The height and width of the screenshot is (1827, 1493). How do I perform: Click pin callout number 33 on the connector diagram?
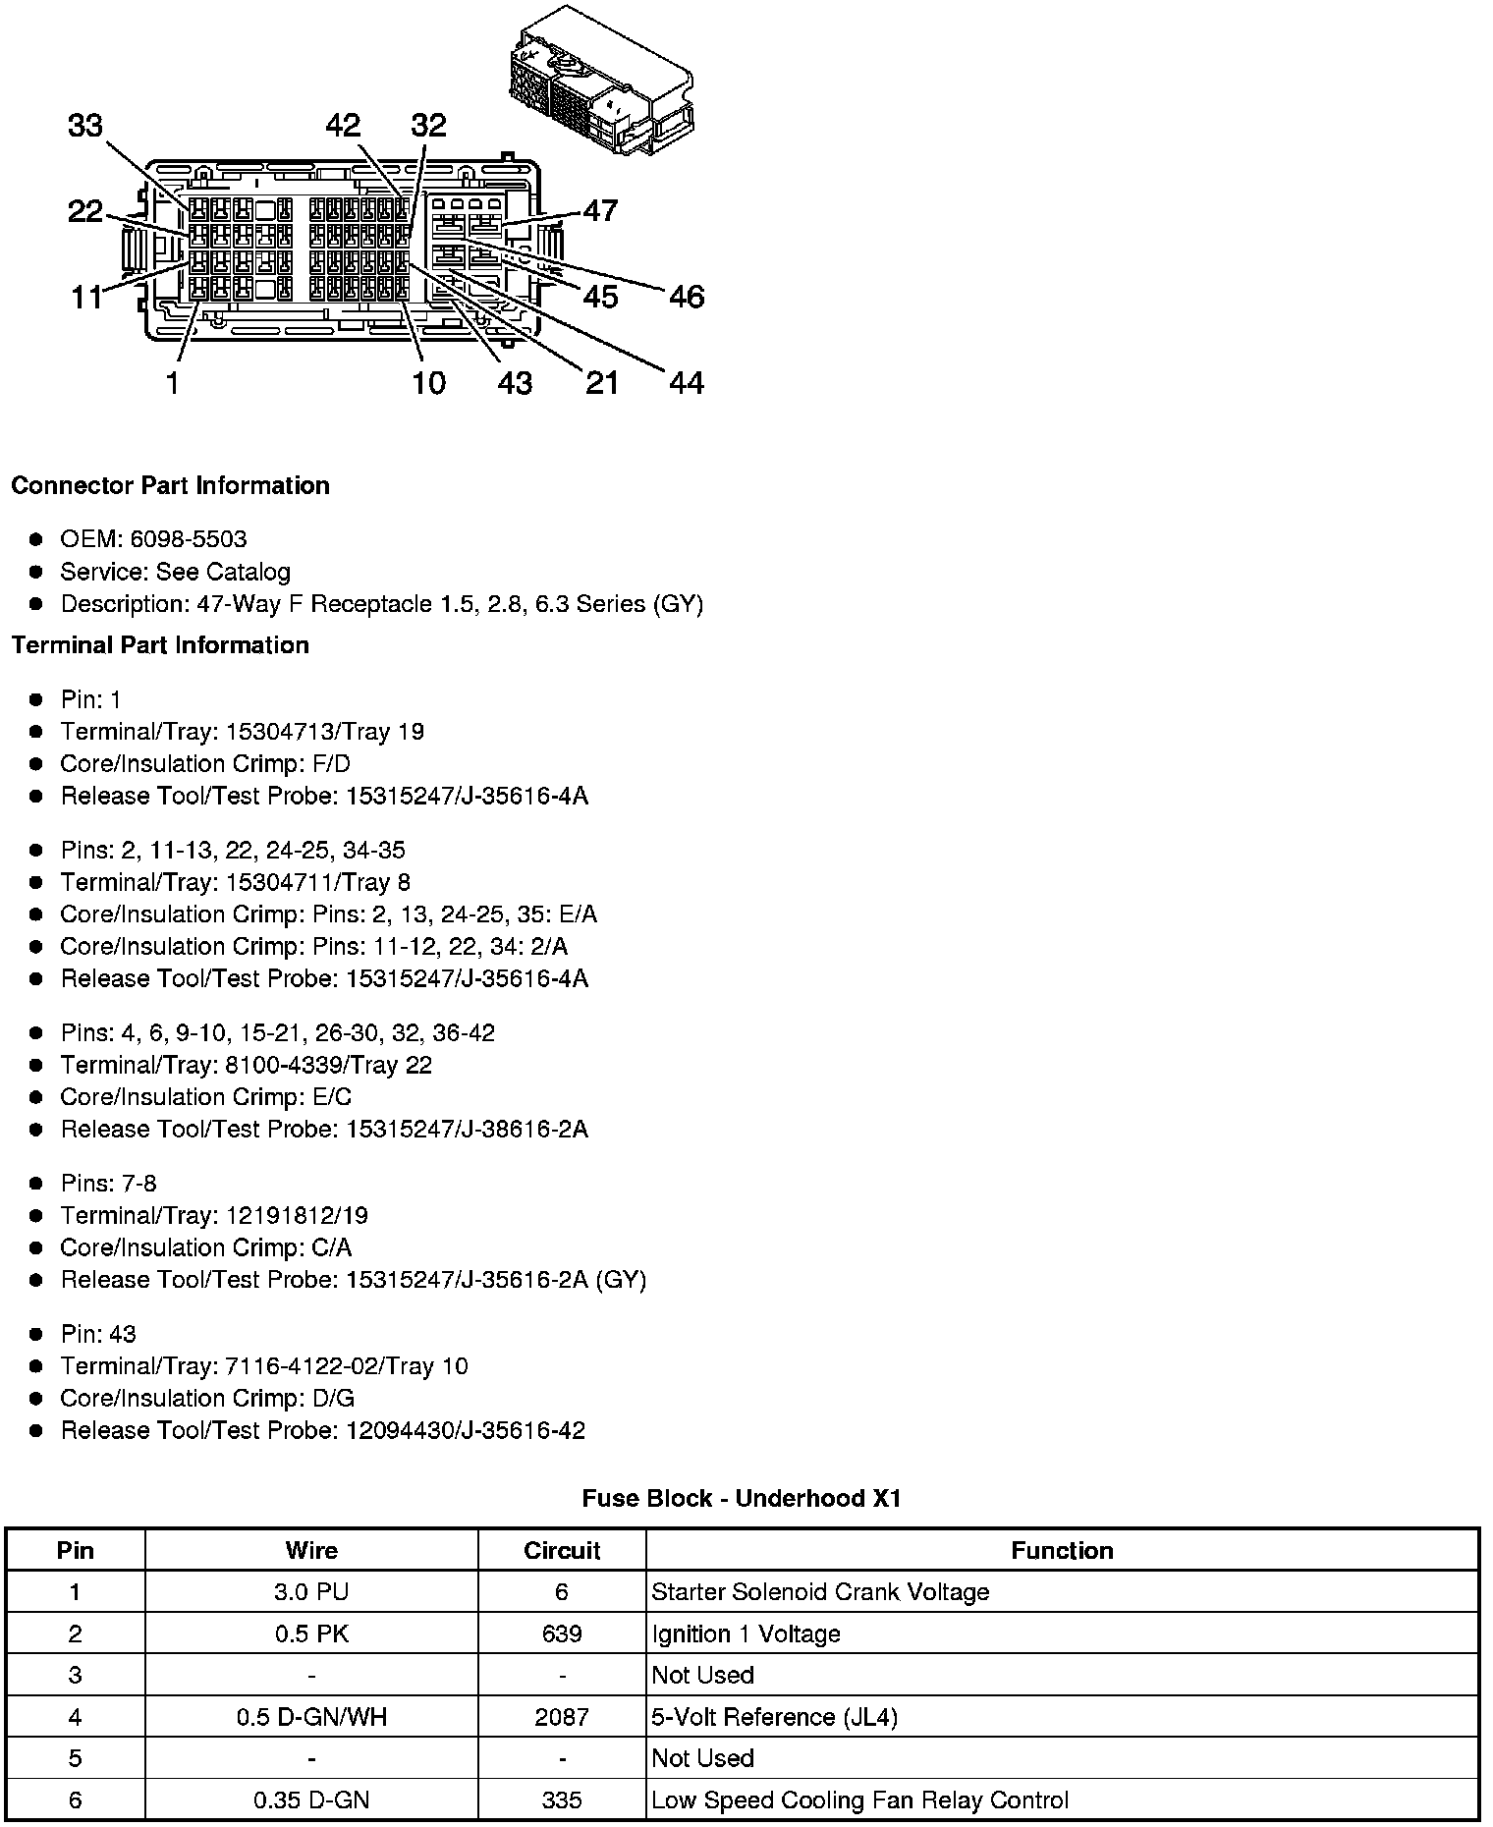point(85,126)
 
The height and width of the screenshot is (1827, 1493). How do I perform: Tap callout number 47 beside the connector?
point(600,210)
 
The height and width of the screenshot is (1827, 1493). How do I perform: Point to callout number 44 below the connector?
point(687,382)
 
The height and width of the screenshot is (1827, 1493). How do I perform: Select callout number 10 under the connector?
point(428,382)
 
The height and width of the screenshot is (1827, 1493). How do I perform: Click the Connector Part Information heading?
point(170,485)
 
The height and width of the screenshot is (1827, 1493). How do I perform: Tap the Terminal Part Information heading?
point(160,645)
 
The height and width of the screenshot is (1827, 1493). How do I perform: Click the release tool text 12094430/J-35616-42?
point(465,1430)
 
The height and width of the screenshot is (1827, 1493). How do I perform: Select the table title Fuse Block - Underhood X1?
point(742,1498)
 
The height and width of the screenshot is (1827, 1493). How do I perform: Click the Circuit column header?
point(562,1551)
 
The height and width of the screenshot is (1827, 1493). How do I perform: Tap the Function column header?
point(1062,1551)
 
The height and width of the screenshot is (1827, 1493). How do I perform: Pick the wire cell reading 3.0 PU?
point(311,1592)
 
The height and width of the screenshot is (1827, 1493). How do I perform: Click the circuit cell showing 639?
point(562,1633)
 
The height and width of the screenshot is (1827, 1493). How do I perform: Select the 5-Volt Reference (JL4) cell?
point(774,1717)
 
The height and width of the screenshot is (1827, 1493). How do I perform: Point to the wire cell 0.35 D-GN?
point(311,1800)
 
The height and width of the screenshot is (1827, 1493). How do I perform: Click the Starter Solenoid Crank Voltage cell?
point(820,1592)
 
